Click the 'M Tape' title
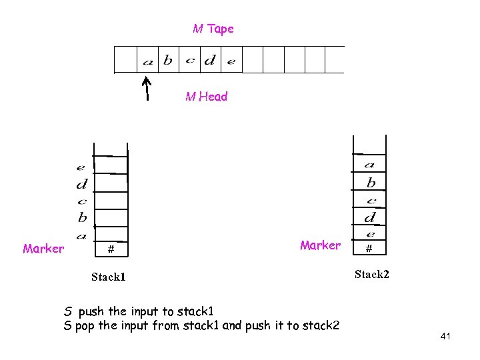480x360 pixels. click(x=213, y=29)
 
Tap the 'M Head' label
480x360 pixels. click(x=206, y=97)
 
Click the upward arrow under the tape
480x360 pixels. click(x=147, y=87)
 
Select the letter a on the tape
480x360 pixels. click(x=148, y=62)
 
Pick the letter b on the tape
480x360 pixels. click(x=167, y=60)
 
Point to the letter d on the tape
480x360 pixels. click(x=209, y=61)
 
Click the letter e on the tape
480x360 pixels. click(x=231, y=62)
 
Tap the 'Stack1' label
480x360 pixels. click(x=109, y=276)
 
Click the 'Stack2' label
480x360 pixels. click(x=372, y=274)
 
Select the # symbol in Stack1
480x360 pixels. click(x=111, y=249)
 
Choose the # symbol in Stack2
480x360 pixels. click(x=369, y=249)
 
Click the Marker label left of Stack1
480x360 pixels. click(x=43, y=249)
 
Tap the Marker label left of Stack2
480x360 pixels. click(x=320, y=245)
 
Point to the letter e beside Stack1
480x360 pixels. click(x=81, y=168)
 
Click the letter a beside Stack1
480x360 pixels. click(x=81, y=235)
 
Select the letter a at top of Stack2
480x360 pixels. click(x=369, y=165)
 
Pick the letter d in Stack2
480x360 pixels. click(x=369, y=217)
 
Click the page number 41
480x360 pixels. click(x=445, y=337)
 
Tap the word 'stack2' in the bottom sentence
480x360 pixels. click(x=320, y=326)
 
